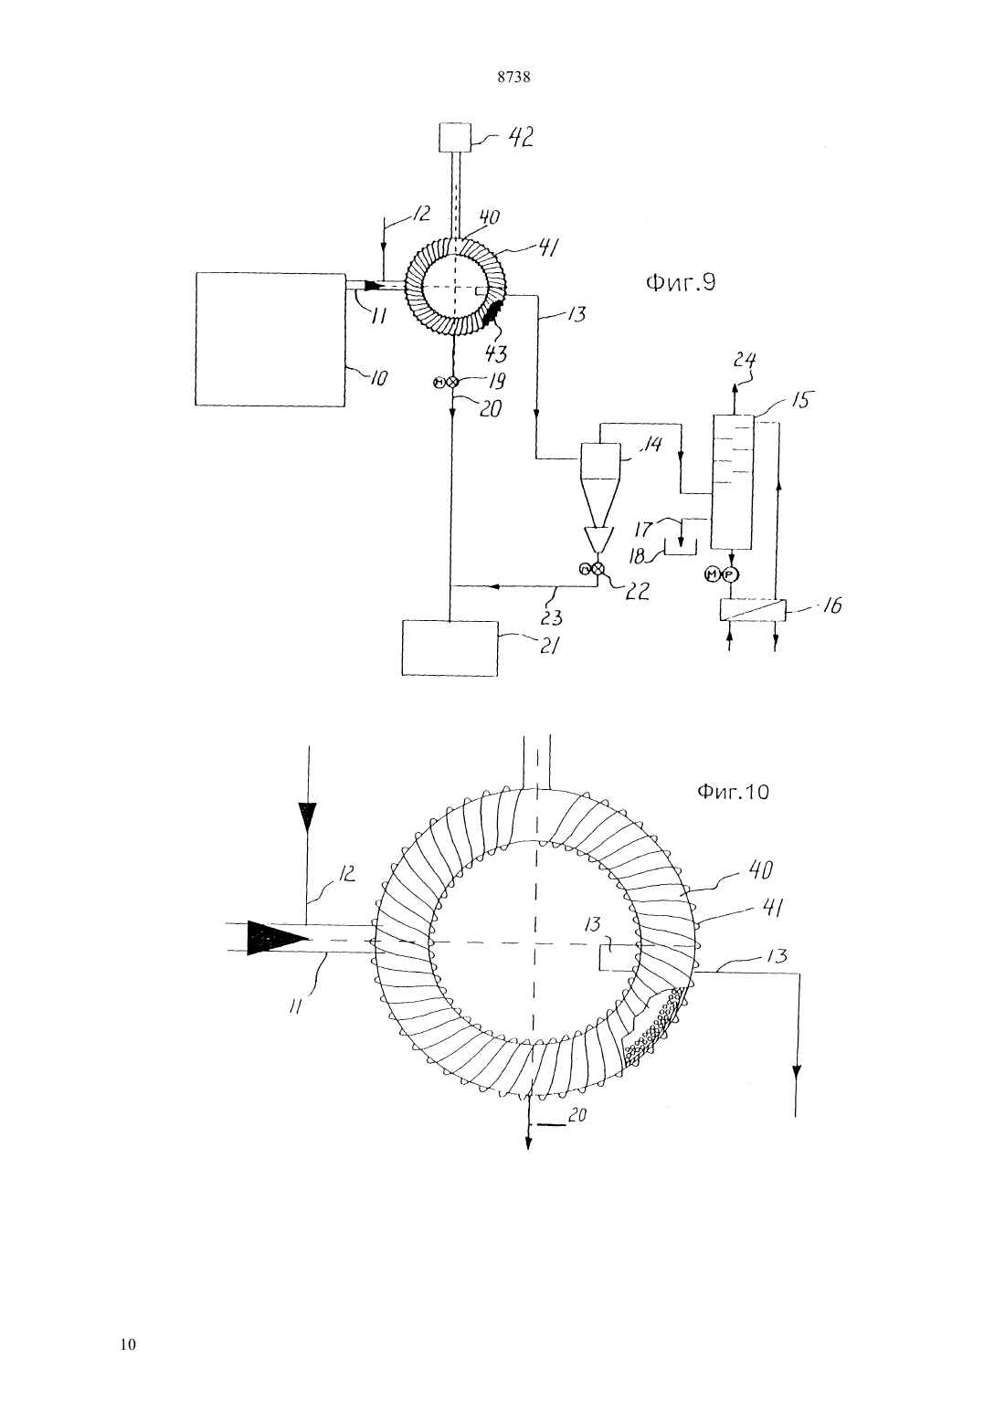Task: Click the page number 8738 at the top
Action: pyautogui.click(x=513, y=78)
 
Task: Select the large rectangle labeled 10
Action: pyautogui.click(x=270, y=339)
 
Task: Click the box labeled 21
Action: pyautogui.click(x=450, y=647)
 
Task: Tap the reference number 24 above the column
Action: pyautogui.click(x=745, y=360)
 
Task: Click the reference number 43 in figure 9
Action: pyautogui.click(x=495, y=353)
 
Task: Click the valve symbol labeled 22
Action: pyautogui.click(x=591, y=569)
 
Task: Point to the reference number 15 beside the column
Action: pyautogui.click(x=800, y=400)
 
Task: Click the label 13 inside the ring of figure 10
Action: pyautogui.click(x=593, y=923)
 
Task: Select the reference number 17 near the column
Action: pyautogui.click(x=645, y=528)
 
